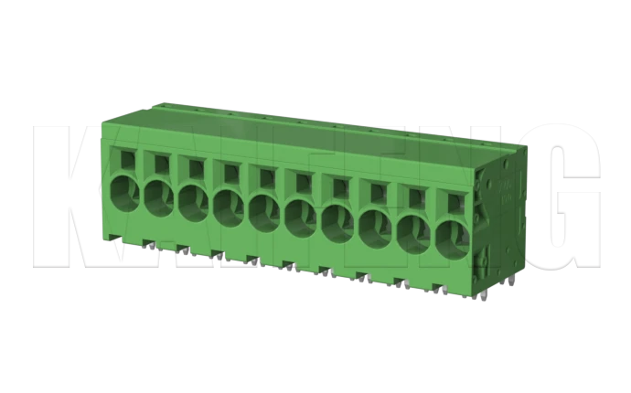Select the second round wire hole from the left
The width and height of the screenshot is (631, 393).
[157, 196]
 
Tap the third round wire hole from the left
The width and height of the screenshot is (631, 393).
[193, 202]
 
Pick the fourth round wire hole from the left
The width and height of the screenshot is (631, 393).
[229, 207]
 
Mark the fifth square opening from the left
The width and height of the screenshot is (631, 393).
[267, 177]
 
